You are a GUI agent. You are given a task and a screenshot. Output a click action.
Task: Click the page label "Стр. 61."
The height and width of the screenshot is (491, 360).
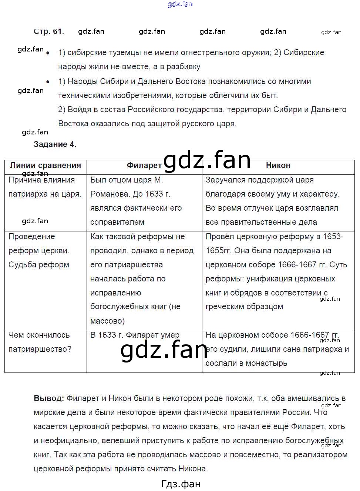pyautogui.click(x=48, y=31)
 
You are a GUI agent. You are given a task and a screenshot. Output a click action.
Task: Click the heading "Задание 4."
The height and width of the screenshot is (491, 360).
pyautogui.click(x=55, y=144)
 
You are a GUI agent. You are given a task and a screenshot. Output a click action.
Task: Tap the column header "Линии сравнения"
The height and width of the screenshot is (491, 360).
pyautogui.click(x=45, y=166)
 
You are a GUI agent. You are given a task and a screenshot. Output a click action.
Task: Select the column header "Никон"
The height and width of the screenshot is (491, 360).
pyautogui.click(x=278, y=166)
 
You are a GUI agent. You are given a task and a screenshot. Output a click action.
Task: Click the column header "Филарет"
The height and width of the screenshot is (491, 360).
pyautogui.click(x=144, y=166)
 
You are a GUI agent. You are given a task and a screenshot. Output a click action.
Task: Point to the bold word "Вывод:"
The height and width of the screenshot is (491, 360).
pyautogui.click(x=48, y=398)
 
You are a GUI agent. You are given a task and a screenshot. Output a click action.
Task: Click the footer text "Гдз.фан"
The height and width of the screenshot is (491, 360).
pyautogui.click(x=181, y=484)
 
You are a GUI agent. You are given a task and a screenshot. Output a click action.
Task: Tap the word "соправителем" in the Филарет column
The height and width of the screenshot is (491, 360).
pyautogui.click(x=117, y=222)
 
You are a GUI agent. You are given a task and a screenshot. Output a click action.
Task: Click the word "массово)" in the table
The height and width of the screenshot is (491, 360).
pyautogui.click(x=107, y=321)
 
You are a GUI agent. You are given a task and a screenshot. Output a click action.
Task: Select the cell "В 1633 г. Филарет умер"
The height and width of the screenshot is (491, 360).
pyautogui.click(x=135, y=335)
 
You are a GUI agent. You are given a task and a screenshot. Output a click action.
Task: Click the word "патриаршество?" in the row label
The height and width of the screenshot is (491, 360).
pyautogui.click(x=40, y=349)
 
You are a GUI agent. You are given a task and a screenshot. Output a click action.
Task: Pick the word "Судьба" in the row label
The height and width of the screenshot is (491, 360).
pyautogui.click(x=23, y=265)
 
